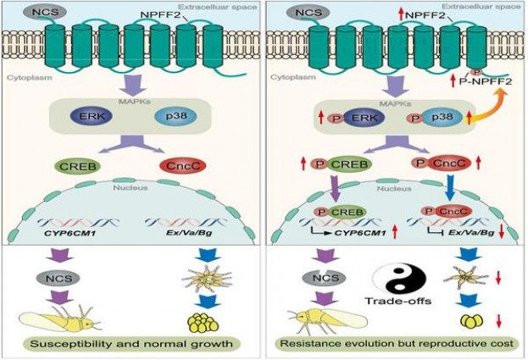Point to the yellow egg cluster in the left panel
[201, 321]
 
